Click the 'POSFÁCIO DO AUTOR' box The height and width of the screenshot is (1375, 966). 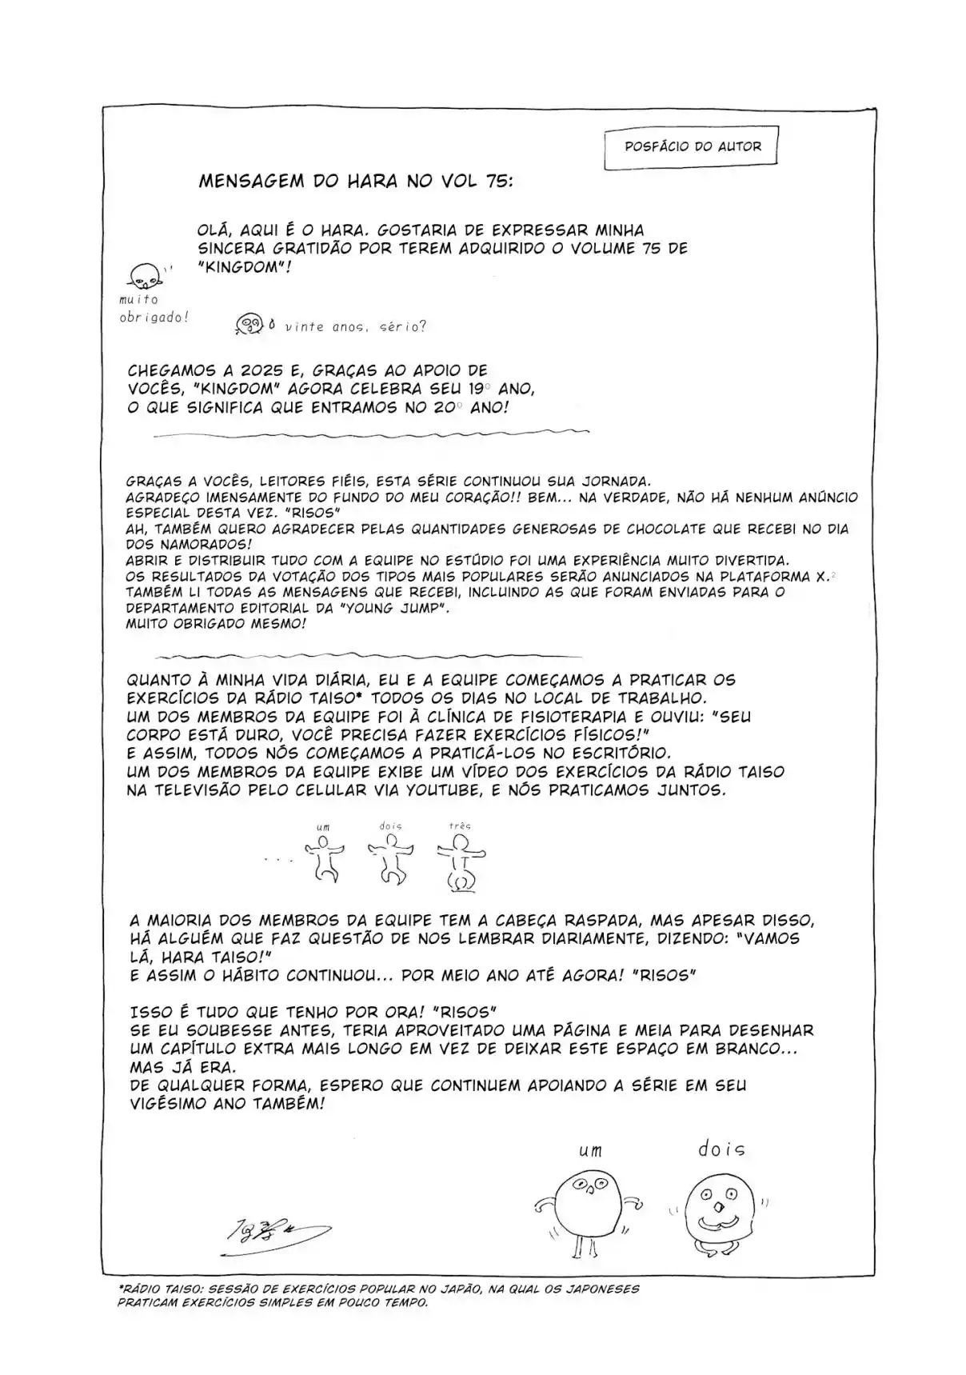coord(692,146)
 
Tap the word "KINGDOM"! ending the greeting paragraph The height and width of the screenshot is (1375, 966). coord(245,267)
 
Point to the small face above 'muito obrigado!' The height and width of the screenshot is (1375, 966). coord(146,277)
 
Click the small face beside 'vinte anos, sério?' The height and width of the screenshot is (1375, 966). coord(250,323)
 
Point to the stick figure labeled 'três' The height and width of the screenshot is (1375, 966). coord(461,861)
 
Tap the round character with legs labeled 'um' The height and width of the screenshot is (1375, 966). coord(587,1208)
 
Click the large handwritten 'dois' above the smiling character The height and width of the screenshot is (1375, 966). coord(721,1149)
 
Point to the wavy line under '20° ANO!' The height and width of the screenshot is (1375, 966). coord(370,434)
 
